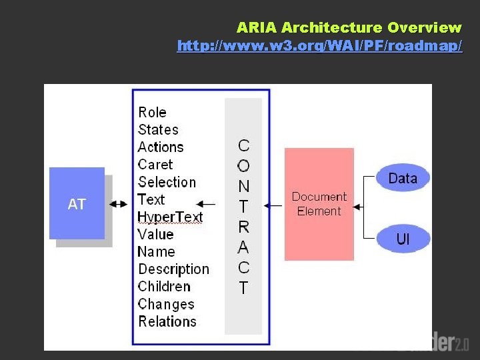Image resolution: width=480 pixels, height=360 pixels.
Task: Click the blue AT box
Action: tap(77, 203)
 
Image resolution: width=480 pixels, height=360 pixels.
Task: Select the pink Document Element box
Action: tap(319, 204)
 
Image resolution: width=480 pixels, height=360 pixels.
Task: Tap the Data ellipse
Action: tap(402, 178)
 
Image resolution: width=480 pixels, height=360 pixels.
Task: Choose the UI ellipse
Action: tap(403, 239)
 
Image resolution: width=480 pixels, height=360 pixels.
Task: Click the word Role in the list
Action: tap(152, 112)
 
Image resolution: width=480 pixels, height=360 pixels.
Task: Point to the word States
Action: tap(158, 129)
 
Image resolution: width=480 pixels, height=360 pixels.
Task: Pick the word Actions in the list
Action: tap(160, 147)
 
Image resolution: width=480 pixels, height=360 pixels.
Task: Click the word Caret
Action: tap(155, 164)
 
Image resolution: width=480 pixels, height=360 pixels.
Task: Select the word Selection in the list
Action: tap(167, 182)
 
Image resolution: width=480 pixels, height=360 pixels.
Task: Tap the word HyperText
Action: tap(170, 217)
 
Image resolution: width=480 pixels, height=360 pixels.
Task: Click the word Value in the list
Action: tap(155, 234)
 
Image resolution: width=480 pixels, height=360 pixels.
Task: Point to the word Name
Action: tap(156, 251)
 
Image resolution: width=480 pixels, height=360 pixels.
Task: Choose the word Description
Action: tap(173, 269)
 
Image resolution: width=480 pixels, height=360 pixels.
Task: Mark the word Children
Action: tap(164, 286)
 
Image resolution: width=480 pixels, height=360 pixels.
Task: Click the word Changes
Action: tap(166, 304)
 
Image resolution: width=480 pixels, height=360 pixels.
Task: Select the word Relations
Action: tap(167, 321)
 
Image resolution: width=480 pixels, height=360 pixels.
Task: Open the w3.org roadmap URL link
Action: tap(319, 46)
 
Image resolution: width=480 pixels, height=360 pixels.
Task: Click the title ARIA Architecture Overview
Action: tap(349, 28)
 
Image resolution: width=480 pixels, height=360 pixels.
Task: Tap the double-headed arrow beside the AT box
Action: tap(119, 204)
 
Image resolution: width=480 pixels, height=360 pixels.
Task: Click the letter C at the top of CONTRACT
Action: tap(243, 146)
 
